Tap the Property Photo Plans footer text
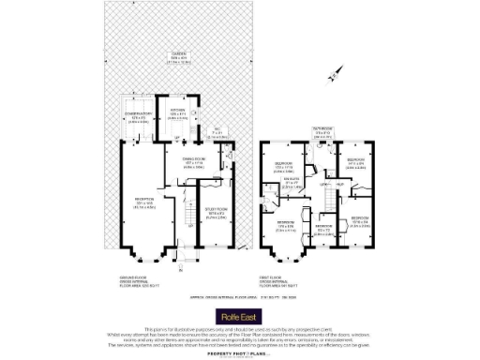tap(240, 353)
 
